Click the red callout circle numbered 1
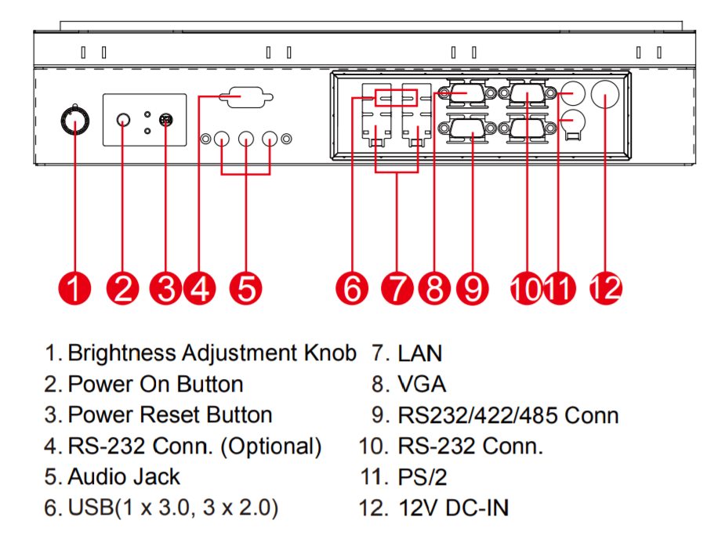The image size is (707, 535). (x=74, y=287)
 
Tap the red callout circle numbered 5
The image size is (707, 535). (x=246, y=287)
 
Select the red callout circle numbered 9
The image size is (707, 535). (x=472, y=288)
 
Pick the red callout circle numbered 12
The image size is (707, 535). (x=605, y=287)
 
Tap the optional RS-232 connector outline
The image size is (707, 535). (x=246, y=97)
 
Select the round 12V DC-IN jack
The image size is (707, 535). (x=606, y=96)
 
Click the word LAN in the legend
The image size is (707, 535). (x=420, y=353)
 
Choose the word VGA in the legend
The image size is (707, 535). (x=422, y=384)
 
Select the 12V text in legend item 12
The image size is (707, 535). (x=418, y=508)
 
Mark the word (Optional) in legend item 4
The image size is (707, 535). (x=271, y=446)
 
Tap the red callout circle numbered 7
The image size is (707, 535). (x=397, y=288)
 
